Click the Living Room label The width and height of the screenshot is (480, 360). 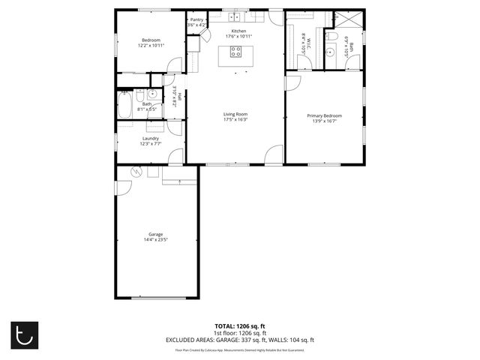[x=235, y=114]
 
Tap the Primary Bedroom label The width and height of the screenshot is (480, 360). [x=324, y=115]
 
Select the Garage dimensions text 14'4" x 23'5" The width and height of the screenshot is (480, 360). [x=156, y=240]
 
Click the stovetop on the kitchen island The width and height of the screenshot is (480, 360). [x=235, y=52]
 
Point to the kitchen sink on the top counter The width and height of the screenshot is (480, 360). [x=235, y=16]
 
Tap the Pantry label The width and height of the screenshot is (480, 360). [x=196, y=19]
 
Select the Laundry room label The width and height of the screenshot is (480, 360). [x=151, y=138]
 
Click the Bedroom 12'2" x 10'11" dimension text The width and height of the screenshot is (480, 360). [x=151, y=46]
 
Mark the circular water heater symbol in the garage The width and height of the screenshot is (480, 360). [x=136, y=172]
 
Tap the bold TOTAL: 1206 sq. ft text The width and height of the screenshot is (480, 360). [x=240, y=326]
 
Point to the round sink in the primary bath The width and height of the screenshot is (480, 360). [x=331, y=52]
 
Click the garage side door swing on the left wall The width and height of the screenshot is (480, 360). [x=120, y=187]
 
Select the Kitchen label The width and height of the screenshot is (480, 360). [x=238, y=31]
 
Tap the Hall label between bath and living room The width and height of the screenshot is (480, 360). [x=180, y=94]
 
